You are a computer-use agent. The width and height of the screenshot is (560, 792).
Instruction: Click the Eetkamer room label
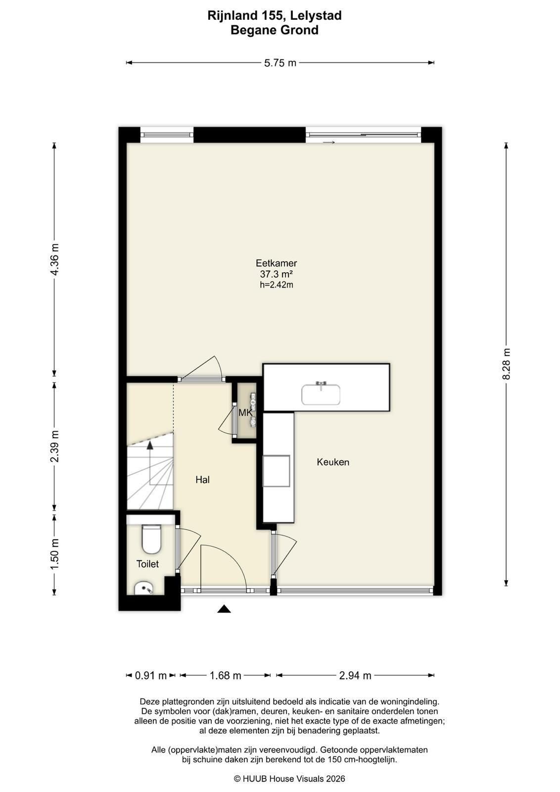pos(277,263)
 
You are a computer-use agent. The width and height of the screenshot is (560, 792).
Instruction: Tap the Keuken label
pos(333,462)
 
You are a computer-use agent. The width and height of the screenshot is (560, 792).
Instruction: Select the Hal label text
pos(202,480)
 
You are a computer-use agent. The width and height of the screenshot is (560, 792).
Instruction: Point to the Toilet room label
pos(147,564)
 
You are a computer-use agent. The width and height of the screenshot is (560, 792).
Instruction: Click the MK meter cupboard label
pos(245,413)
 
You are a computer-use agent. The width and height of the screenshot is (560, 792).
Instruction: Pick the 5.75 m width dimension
pos(280,63)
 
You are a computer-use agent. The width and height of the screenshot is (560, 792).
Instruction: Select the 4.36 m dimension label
pos(54,259)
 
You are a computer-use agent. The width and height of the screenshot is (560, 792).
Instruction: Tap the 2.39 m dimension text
pos(54,446)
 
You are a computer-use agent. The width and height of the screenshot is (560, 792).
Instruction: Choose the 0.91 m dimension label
pos(151,676)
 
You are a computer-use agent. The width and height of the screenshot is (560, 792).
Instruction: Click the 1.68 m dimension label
pos(226,676)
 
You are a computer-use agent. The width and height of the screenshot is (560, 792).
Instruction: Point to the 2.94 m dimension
pos(355,676)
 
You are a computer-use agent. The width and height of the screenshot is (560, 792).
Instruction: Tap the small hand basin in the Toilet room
pos(144,589)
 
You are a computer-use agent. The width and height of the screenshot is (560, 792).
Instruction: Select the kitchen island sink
pos(321,395)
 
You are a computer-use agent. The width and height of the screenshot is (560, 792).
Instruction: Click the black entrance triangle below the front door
pos(224,608)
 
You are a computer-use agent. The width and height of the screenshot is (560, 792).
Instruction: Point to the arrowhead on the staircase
pos(150,445)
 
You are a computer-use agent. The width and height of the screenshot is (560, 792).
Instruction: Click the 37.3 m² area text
pos(277,274)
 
